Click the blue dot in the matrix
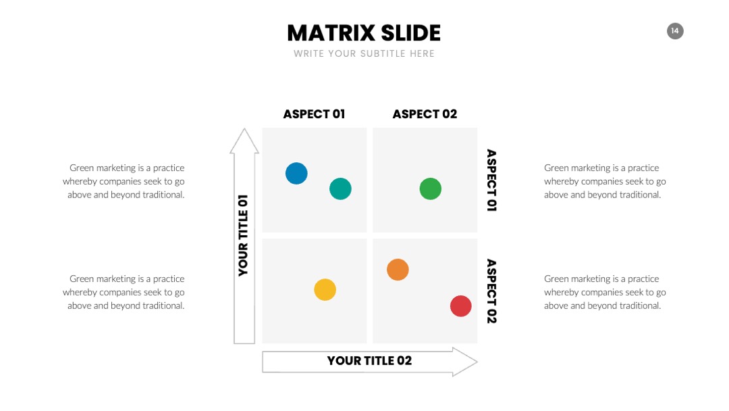point(296,173)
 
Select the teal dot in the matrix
point(340,189)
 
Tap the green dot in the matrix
point(431,189)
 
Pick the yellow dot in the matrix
point(325,289)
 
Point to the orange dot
point(398,270)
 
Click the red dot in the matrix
point(461,306)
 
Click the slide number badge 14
point(675,31)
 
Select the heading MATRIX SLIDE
point(364,33)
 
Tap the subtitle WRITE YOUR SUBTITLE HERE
point(364,53)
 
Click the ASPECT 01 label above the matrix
point(315,114)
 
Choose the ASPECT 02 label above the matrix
point(425,114)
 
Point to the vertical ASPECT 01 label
point(491,180)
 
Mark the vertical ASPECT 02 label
point(491,291)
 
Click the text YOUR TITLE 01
point(243,235)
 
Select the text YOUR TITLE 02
point(370,361)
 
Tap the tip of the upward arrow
point(244,129)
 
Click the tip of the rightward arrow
point(477,362)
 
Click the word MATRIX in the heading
point(331,33)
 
